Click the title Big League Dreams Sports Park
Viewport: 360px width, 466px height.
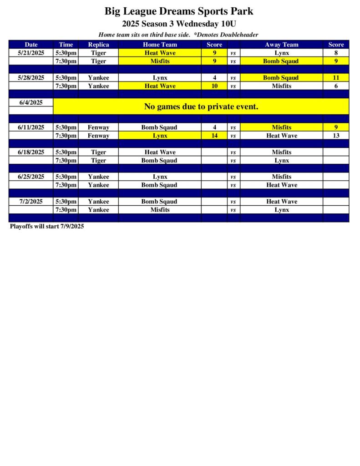tap(179, 11)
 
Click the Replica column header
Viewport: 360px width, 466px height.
tap(98, 45)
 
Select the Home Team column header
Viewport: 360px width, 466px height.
tap(160, 45)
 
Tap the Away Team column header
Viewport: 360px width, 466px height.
tap(281, 45)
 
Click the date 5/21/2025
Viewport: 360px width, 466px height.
tap(31, 53)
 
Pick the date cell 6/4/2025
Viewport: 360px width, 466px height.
tap(31, 102)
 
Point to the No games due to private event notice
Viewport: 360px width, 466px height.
tap(201, 106)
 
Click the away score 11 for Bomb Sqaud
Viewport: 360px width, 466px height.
tap(336, 78)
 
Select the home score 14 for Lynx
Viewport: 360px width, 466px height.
tap(214, 136)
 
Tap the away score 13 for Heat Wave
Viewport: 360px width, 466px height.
tap(336, 136)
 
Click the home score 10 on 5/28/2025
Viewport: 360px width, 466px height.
tap(214, 86)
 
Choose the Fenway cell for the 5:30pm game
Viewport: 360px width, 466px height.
tap(98, 127)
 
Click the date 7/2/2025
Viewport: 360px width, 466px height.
tap(31, 202)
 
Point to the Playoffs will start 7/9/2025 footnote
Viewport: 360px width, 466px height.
tap(47, 226)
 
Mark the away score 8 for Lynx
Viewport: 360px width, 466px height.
tap(336, 53)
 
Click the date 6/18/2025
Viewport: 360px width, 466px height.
tap(31, 152)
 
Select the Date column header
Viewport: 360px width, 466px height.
tap(31, 45)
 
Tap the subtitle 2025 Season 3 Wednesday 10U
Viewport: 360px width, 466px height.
tap(179, 24)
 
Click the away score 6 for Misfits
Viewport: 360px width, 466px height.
tap(336, 86)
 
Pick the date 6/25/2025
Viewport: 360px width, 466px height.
tap(31, 177)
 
